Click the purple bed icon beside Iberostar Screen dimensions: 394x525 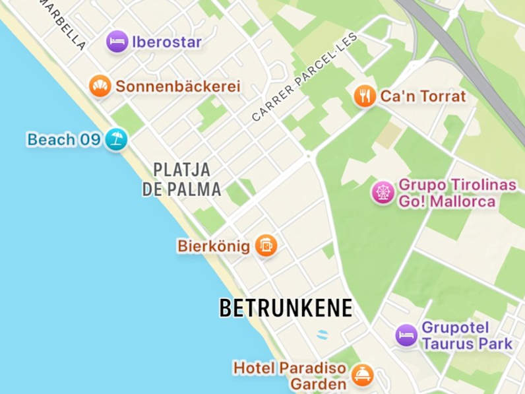click(x=117, y=42)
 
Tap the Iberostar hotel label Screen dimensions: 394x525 click(x=166, y=42)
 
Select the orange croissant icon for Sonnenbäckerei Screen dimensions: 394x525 click(x=100, y=86)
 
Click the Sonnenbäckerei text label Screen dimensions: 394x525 click(x=178, y=86)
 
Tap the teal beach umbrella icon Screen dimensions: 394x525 click(x=116, y=139)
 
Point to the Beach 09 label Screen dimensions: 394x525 click(x=64, y=139)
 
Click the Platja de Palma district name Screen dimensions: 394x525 click(x=181, y=179)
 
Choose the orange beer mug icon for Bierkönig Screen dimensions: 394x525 click(x=265, y=246)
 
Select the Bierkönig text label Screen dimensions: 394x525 click(x=214, y=246)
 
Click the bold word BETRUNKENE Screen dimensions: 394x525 click(x=286, y=308)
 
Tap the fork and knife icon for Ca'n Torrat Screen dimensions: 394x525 click(x=364, y=96)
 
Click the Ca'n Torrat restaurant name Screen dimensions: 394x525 click(x=423, y=96)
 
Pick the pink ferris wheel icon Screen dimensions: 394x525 click(x=383, y=192)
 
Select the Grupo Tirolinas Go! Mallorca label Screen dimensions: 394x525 click(x=456, y=193)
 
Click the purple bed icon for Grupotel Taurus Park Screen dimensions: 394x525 click(x=406, y=335)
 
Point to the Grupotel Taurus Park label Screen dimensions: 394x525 click(x=466, y=335)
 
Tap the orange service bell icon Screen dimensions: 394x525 click(x=362, y=375)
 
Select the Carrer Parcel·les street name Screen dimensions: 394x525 click(x=304, y=77)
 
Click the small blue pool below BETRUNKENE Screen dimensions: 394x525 click(x=322, y=334)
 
